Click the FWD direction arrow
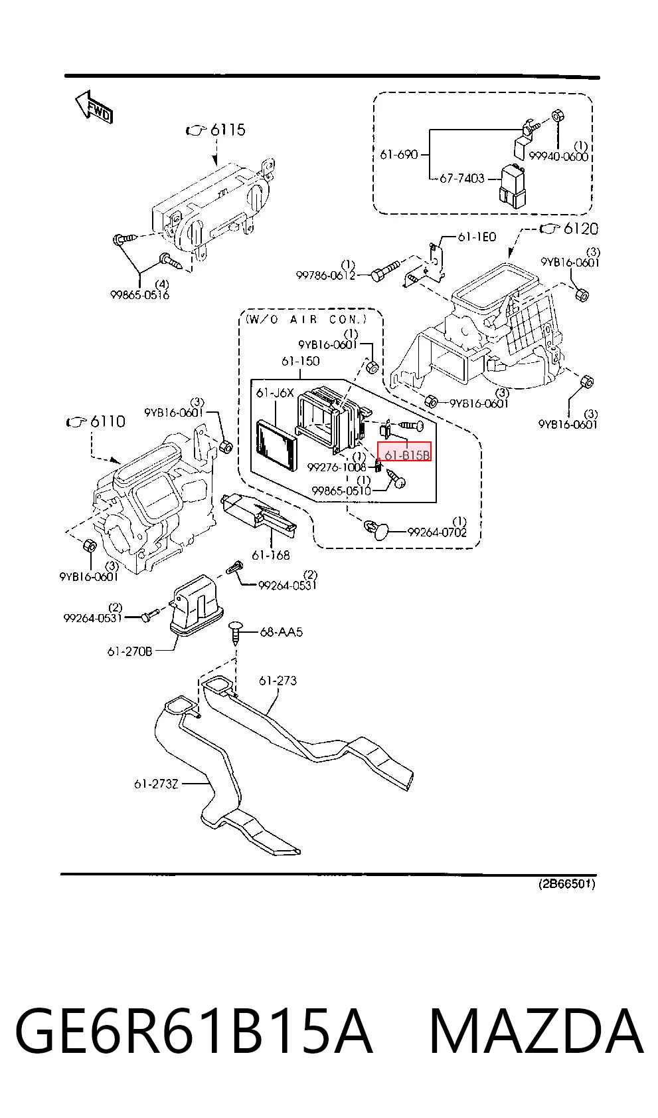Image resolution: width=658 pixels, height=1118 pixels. [x=94, y=107]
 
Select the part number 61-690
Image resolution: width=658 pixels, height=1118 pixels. [x=398, y=155]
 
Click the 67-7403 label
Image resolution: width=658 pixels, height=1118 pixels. [x=461, y=178]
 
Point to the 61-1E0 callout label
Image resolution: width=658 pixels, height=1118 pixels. [x=477, y=237]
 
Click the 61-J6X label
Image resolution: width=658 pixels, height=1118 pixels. [x=275, y=393]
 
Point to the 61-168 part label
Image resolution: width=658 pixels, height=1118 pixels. [x=271, y=555]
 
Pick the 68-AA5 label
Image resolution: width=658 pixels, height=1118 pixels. [x=281, y=632]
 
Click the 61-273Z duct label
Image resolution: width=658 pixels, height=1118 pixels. [x=155, y=784]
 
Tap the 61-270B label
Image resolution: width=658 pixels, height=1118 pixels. [x=129, y=651]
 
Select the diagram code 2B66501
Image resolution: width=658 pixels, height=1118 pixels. [x=567, y=842]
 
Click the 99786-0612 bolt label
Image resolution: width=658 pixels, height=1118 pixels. [x=325, y=275]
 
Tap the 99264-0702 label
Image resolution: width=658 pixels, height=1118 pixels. [x=437, y=532]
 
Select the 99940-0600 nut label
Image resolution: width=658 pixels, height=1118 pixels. [x=558, y=156]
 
